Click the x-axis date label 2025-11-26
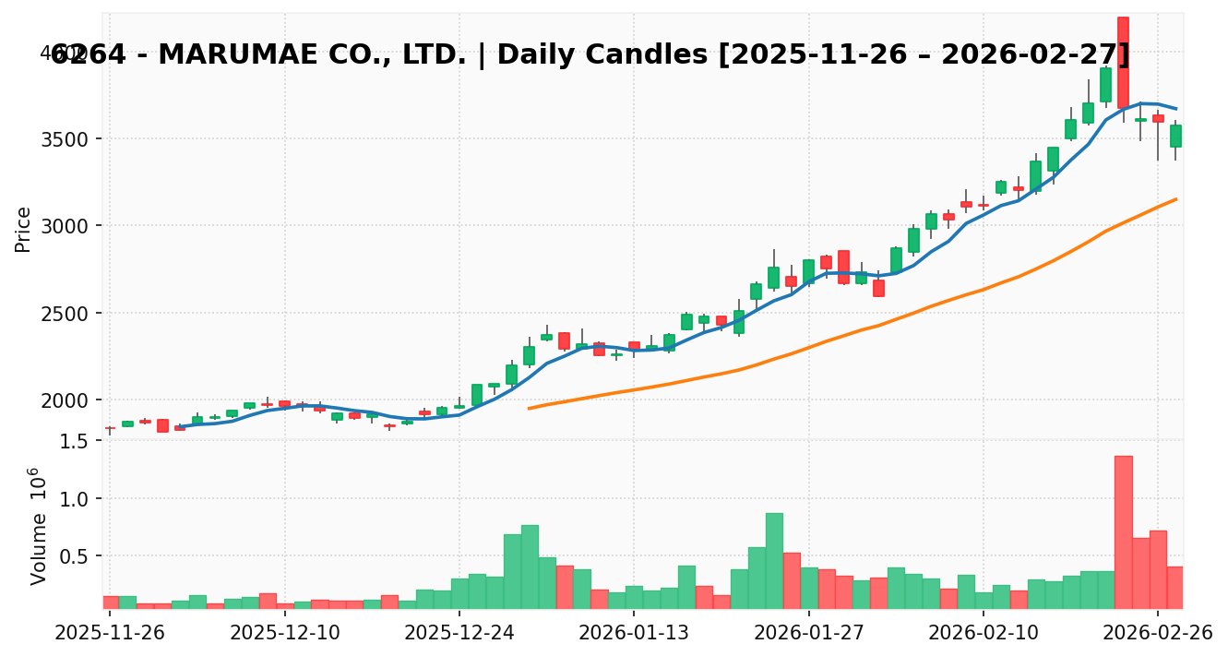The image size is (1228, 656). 110,634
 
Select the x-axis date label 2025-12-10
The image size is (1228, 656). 284,634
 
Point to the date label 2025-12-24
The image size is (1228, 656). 459,634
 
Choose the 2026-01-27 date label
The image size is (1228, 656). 808,634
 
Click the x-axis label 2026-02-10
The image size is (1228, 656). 983,634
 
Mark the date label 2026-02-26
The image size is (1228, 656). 1157,634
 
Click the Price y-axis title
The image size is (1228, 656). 24,229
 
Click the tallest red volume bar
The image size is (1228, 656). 1123,531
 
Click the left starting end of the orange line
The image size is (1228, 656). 529,408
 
